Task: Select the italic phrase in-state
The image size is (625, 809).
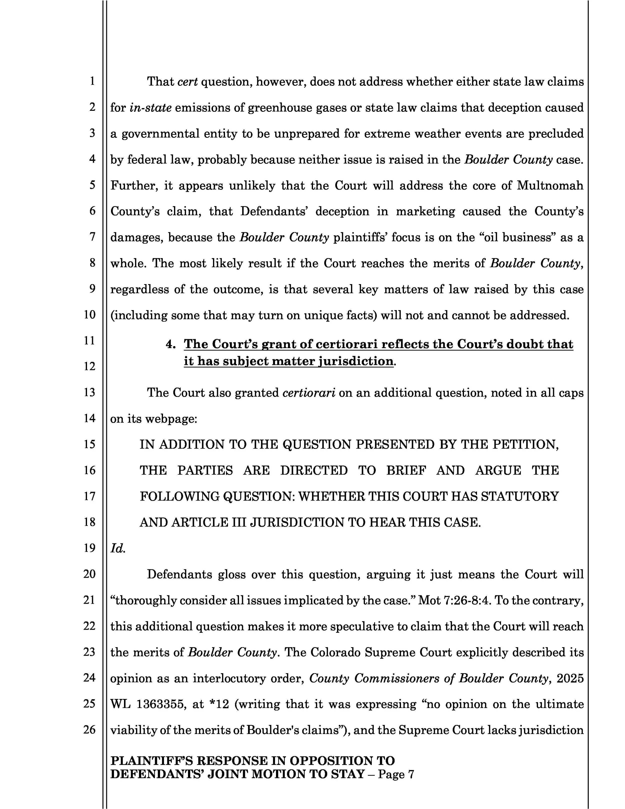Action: [150, 108]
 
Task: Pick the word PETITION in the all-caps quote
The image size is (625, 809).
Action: [525, 444]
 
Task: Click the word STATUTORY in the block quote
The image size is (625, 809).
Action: [519, 496]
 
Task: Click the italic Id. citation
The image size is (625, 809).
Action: [118, 548]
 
